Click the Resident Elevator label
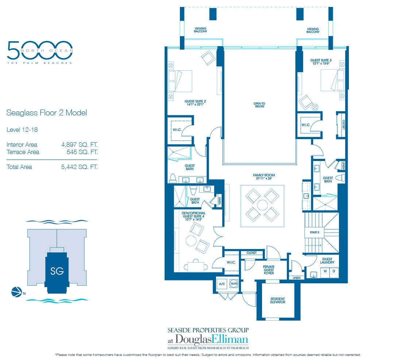click(x=278, y=300)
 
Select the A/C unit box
click(x=222, y=284)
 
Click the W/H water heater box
click(x=233, y=284)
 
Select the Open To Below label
click(x=259, y=105)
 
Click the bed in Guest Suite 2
click(x=181, y=81)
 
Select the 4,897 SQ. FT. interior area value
click(x=80, y=145)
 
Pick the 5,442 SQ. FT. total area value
click(x=80, y=167)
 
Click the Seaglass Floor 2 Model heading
click(x=47, y=113)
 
